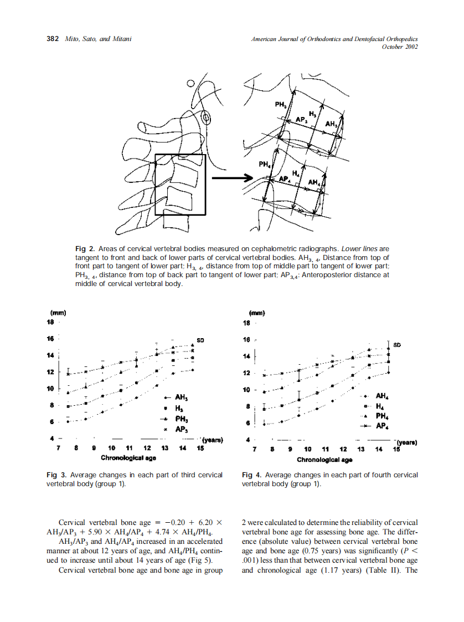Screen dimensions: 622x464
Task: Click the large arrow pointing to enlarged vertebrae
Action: click(228, 178)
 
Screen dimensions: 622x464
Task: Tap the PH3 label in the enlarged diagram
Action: click(280, 105)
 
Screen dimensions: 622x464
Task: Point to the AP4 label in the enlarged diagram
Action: click(285, 179)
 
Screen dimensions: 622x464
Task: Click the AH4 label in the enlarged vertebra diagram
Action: click(313, 182)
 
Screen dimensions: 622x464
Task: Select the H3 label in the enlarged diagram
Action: click(312, 114)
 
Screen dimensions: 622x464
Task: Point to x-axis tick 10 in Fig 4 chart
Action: click(307, 449)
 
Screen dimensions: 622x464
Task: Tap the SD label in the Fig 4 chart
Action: click(397, 345)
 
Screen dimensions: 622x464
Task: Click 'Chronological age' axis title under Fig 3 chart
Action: click(128, 458)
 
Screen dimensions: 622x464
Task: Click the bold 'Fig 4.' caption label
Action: click(252, 475)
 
